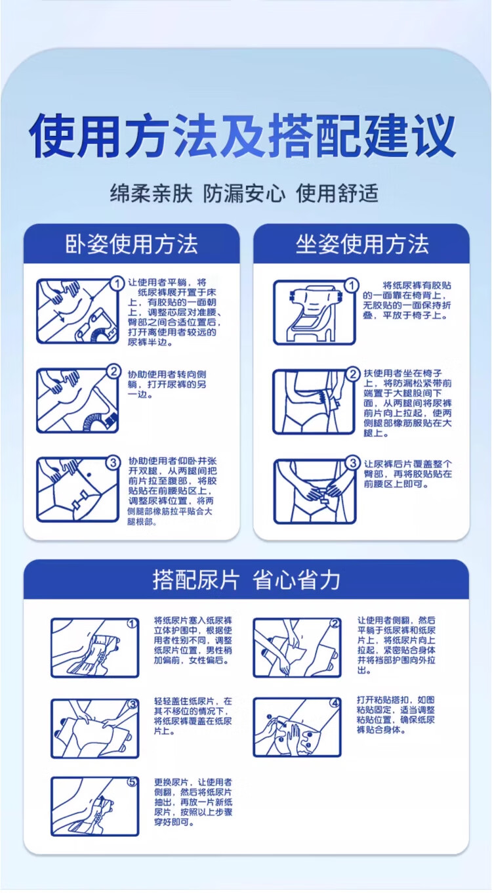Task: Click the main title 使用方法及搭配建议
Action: pos(243,135)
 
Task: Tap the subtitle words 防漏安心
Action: pos(244,194)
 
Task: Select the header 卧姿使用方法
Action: pos(131,244)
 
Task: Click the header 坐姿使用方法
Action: pos(361,244)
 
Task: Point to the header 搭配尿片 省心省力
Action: pos(246,580)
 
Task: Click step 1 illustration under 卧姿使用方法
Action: pos(78,311)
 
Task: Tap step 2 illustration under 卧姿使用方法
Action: pos(78,401)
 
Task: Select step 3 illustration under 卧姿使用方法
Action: pos(78,490)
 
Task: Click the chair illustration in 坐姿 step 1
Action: pos(314,312)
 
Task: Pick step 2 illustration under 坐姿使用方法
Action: pos(314,401)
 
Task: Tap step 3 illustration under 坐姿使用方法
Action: pos(315,491)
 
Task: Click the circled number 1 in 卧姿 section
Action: pos(117,284)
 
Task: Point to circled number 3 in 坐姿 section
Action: pos(352,463)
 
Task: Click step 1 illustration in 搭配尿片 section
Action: pos(95,648)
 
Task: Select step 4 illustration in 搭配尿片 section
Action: pos(297,727)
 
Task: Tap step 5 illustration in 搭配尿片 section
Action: pos(95,806)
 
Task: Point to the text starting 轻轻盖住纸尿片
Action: pos(194,716)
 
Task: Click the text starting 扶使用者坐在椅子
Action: pos(407,403)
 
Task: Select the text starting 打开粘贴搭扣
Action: pos(396,715)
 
